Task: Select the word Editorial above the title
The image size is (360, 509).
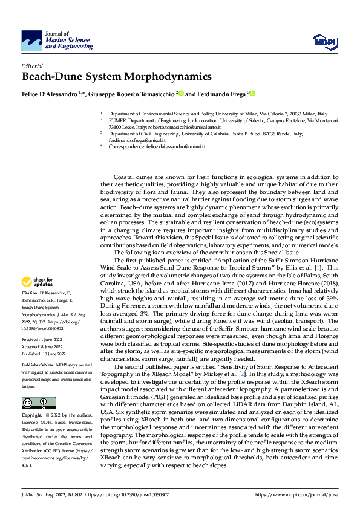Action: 32,66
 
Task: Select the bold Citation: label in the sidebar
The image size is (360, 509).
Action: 33,292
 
